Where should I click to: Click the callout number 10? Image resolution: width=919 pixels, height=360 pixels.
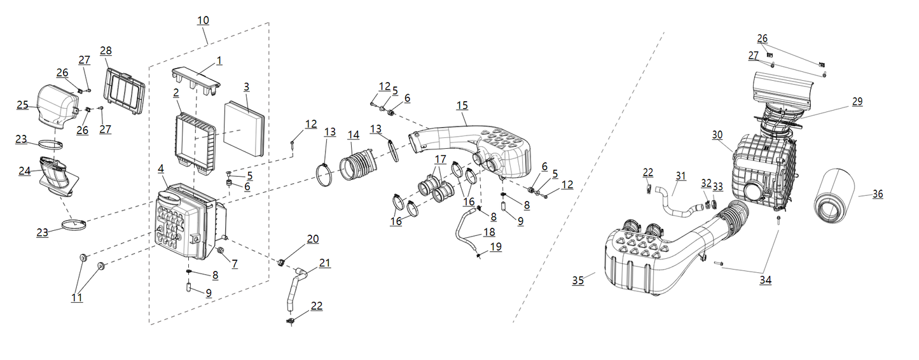[x=203, y=20]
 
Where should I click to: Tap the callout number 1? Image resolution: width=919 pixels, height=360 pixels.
[x=219, y=60]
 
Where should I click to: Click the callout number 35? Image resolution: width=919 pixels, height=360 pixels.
[x=577, y=280]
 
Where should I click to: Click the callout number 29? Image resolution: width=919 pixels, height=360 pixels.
[x=857, y=101]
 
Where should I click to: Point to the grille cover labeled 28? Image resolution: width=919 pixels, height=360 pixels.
[x=123, y=93]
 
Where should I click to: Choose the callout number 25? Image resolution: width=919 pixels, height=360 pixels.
[x=23, y=104]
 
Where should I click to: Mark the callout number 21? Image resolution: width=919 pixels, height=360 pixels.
[x=325, y=263]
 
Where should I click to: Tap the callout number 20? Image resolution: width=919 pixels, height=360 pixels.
[x=312, y=239]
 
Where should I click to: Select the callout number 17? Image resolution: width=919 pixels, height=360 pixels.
[x=440, y=158]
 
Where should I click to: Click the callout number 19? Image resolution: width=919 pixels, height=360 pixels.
[x=495, y=247]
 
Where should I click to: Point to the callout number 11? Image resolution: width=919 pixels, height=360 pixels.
[x=76, y=297]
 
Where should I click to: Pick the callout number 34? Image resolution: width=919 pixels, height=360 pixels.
[x=765, y=280]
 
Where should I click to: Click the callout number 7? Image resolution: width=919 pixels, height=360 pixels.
[x=235, y=264]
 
